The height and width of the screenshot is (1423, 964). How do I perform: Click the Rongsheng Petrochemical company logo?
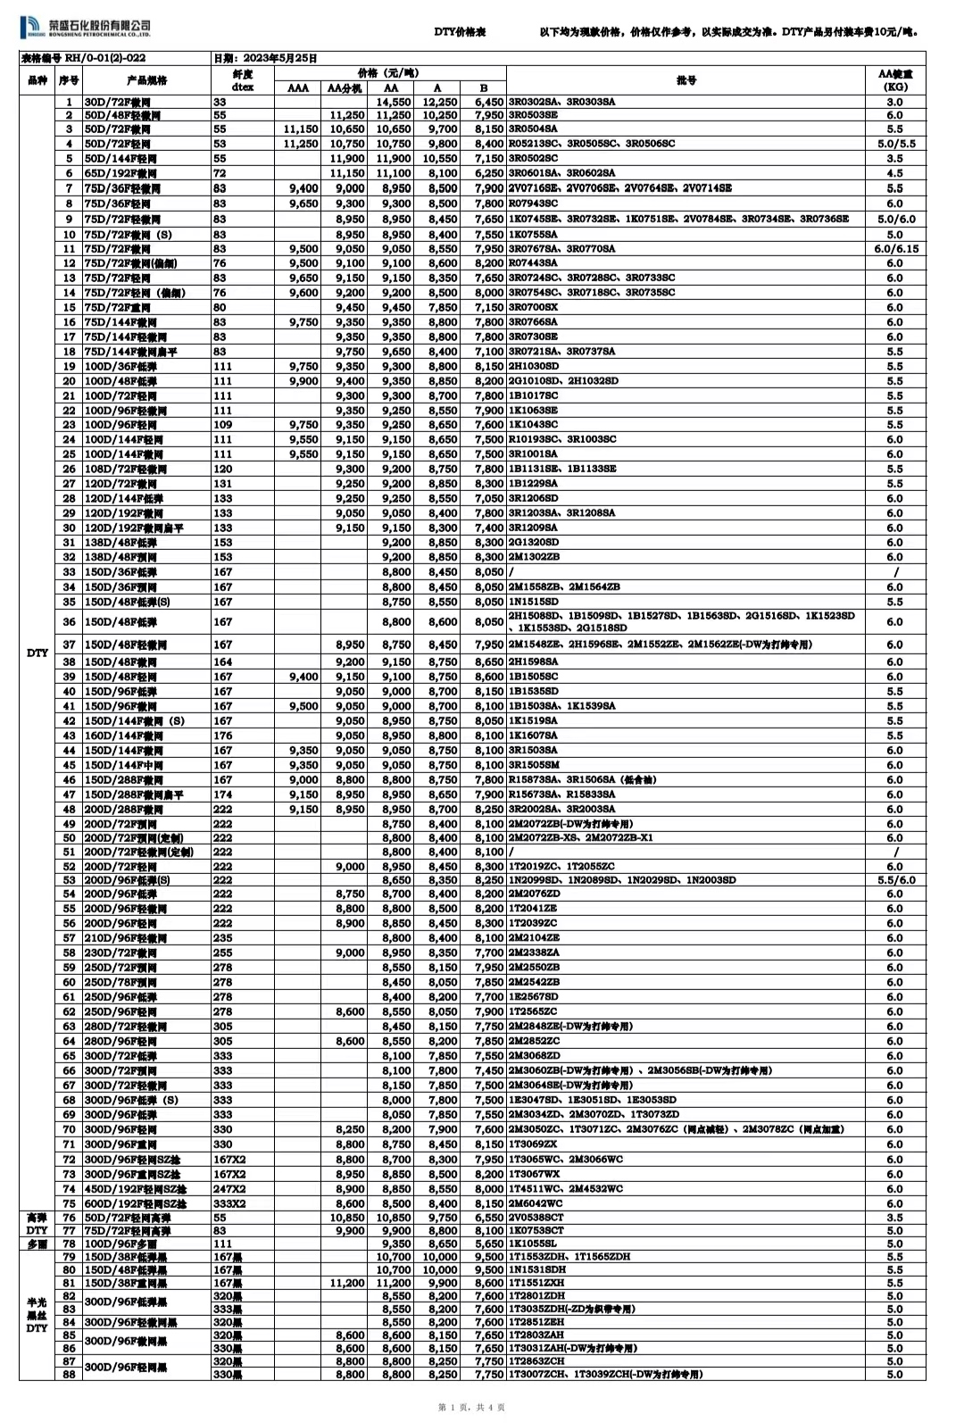(85, 29)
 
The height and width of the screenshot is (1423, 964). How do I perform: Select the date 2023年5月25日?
(266, 58)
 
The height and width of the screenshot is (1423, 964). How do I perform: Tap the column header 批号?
(686, 79)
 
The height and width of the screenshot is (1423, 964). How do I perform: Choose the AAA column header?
(298, 88)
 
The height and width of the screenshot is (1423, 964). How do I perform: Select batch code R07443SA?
(533, 263)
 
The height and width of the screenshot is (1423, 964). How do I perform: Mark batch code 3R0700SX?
(533, 307)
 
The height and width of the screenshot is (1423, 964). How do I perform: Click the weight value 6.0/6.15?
(894, 249)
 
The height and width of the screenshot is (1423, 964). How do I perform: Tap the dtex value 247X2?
(229, 1189)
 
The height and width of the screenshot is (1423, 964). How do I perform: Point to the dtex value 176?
(222, 736)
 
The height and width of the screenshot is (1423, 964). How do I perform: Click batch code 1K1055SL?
(535, 1244)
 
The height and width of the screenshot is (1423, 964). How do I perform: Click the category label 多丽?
(37, 1244)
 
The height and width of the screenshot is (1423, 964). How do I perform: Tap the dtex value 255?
(222, 953)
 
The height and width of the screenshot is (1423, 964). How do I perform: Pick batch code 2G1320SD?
(534, 542)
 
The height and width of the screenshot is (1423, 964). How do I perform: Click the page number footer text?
(472, 1408)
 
